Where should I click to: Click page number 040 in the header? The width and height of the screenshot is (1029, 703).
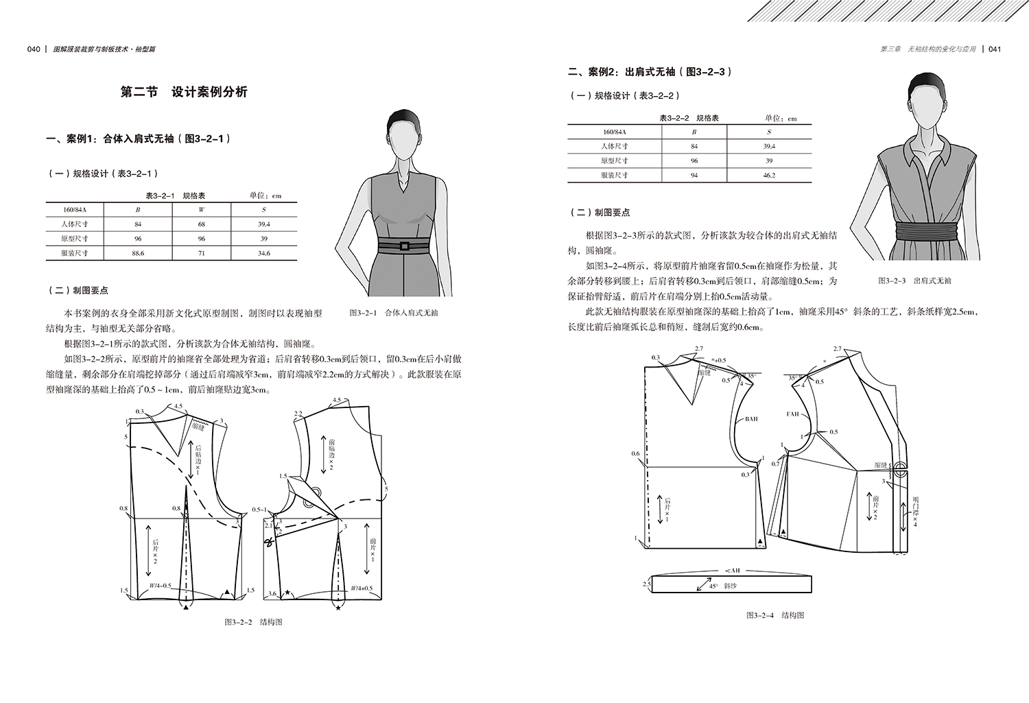coord(34,49)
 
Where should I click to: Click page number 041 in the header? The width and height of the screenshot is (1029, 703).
coord(995,49)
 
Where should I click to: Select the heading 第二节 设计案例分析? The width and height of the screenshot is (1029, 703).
coord(183,93)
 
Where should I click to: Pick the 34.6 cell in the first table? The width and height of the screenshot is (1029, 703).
coord(263,253)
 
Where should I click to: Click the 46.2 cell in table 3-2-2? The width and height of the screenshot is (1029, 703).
coord(768,176)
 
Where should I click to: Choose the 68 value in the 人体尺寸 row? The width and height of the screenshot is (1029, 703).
coord(201,224)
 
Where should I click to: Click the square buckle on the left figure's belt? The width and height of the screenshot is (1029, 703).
coord(405,246)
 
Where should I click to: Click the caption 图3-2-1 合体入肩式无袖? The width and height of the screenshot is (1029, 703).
coord(393,313)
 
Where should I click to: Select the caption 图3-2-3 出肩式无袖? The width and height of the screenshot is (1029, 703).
coord(915,281)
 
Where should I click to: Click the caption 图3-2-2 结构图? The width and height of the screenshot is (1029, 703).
coord(253,622)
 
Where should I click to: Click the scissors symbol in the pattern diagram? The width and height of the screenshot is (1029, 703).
coord(268,543)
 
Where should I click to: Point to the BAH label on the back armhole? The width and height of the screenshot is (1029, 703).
coord(750,418)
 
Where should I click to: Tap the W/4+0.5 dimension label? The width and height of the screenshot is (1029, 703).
coord(361,588)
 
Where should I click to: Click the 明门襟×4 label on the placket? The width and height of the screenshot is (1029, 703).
coord(915,510)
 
